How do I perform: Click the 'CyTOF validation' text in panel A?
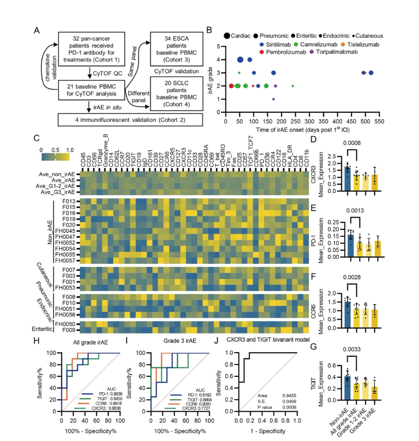pos(177,71)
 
